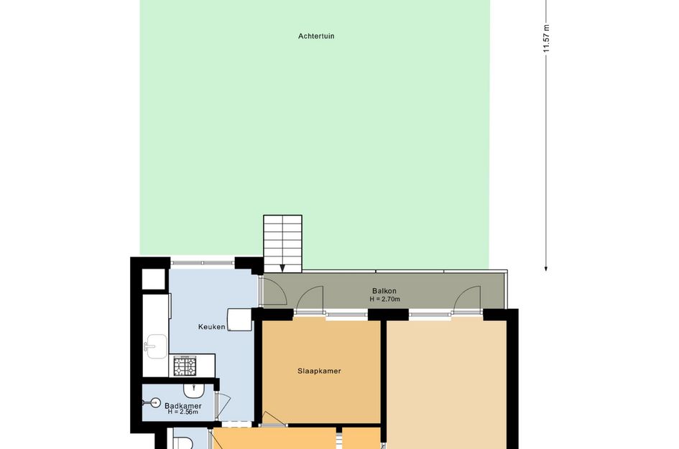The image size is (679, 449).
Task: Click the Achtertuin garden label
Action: pyautogui.click(x=316, y=36)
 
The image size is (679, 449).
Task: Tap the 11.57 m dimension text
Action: pyautogui.click(x=546, y=39)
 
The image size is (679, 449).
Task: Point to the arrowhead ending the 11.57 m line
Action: pyautogui.click(x=546, y=269)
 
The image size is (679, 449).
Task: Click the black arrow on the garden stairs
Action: pyautogui.click(x=282, y=269)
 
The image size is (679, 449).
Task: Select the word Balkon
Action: pyautogui.click(x=384, y=291)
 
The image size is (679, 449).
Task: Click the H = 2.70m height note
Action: pyautogui.click(x=384, y=299)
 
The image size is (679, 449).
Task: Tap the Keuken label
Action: pyautogui.click(x=212, y=327)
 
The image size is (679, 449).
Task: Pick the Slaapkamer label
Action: pyautogui.click(x=319, y=371)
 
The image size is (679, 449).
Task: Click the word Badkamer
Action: pyautogui.click(x=183, y=406)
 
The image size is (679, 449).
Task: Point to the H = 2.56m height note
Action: pyautogui.click(x=183, y=412)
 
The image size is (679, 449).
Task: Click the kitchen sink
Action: pyautogui.click(x=155, y=346)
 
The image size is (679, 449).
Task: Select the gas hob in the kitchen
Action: pyautogui.click(x=185, y=366)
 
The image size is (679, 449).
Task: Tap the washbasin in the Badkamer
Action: pyautogui.click(x=194, y=391)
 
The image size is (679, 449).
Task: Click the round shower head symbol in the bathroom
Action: pyautogui.click(x=155, y=403)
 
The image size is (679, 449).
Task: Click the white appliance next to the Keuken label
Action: pyautogui.click(x=239, y=320)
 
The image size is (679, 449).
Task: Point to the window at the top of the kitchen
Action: pyautogui.click(x=202, y=262)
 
